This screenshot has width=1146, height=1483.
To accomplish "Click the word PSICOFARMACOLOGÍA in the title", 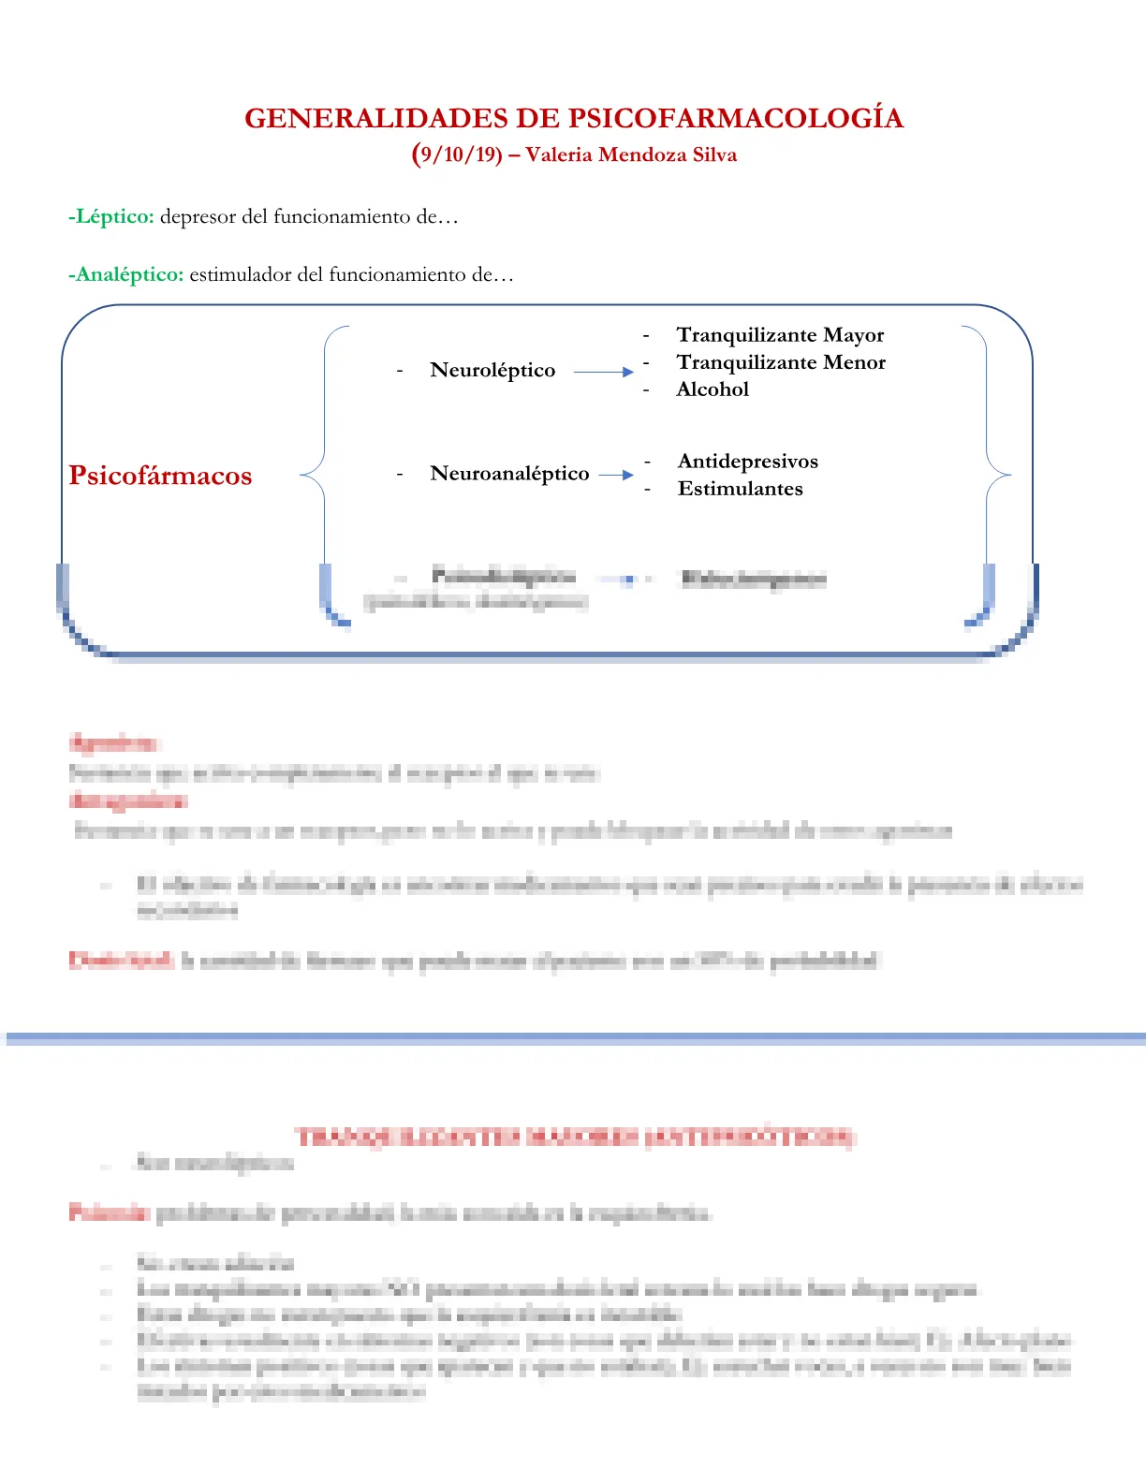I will tap(736, 119).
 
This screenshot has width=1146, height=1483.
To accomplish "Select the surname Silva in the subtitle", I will tap(714, 154).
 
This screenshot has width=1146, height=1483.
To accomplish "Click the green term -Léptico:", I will tap(111, 216).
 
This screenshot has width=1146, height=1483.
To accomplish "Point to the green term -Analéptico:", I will tap(126, 274).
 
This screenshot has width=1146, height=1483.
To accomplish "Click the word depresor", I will tap(198, 216).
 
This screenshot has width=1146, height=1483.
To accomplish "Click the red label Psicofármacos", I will tap(160, 476).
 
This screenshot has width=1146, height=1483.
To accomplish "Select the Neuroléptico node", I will tap(492, 370).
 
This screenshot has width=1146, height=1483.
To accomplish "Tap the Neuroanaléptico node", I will tap(509, 474).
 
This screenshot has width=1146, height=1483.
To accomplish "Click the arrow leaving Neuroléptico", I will tap(603, 372).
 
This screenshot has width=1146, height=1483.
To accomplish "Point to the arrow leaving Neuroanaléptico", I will tap(616, 475).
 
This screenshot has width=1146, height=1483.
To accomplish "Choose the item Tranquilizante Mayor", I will tap(780, 335).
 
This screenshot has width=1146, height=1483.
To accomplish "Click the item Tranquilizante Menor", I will tap(781, 362).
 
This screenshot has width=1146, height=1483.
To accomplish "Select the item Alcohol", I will tap(713, 389).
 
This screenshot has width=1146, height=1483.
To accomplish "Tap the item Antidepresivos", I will tap(747, 462).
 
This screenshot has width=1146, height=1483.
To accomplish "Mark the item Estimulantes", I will tap(740, 489).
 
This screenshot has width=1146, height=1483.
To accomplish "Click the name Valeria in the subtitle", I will tap(558, 154).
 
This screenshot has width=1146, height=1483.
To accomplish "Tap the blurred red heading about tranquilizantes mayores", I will tap(575, 1138).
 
